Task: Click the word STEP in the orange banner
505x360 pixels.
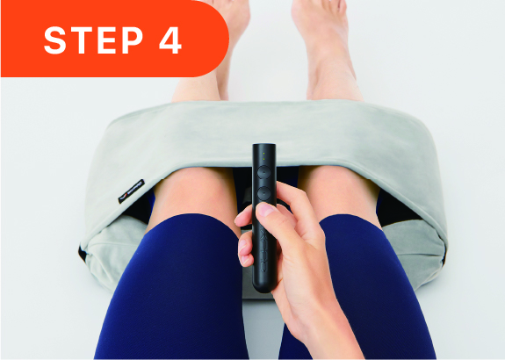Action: (x=93, y=40)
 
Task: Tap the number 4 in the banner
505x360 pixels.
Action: (x=170, y=40)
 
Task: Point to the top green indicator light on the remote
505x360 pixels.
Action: (x=264, y=154)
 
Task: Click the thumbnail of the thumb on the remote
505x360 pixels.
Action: (x=265, y=210)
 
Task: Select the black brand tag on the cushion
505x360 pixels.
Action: (x=132, y=191)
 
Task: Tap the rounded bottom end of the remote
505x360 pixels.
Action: (x=264, y=285)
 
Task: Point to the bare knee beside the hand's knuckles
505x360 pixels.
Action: (x=338, y=190)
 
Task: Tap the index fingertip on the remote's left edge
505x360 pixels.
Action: (x=242, y=219)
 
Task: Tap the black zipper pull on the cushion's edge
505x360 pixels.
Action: (x=83, y=254)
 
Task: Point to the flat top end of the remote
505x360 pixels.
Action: (x=264, y=146)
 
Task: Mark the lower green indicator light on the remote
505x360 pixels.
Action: (x=264, y=159)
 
